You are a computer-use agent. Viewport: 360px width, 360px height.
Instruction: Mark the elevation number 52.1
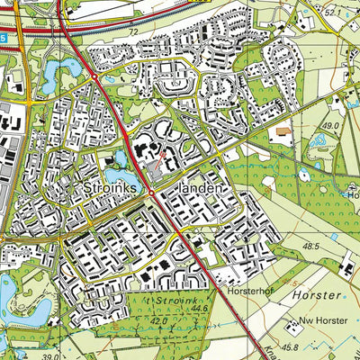click(x=334, y=13)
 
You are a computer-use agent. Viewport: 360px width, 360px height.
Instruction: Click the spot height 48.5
click(x=311, y=246)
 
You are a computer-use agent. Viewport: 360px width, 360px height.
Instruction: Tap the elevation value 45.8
click(x=289, y=346)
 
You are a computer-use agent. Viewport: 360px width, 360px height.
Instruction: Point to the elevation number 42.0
click(x=160, y=319)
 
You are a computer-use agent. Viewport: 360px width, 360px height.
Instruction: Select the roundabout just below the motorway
click(x=94, y=77)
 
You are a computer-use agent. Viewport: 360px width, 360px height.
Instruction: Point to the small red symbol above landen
click(x=163, y=161)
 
